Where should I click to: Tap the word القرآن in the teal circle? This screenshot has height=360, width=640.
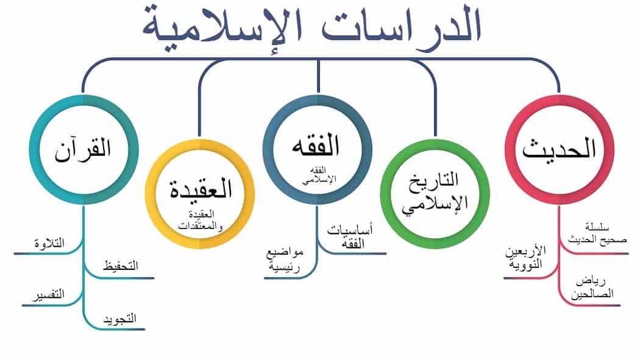click(x=84, y=150)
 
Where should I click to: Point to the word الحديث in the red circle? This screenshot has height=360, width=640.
click(x=559, y=149)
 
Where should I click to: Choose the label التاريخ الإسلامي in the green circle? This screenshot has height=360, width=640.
click(x=434, y=193)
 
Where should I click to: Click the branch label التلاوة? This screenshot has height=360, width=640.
click(x=49, y=244)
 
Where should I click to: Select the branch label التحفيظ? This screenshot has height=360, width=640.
click(x=121, y=266)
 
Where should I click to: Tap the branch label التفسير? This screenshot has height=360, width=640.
click(x=49, y=294)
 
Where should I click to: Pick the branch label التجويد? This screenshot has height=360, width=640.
click(x=119, y=319)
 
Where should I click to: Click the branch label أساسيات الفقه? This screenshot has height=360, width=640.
click(x=350, y=236)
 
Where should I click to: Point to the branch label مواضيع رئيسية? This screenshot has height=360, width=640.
click(x=285, y=259)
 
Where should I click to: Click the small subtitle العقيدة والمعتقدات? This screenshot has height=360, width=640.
click(x=201, y=220)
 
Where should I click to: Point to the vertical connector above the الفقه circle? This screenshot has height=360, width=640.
click(x=318, y=76)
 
